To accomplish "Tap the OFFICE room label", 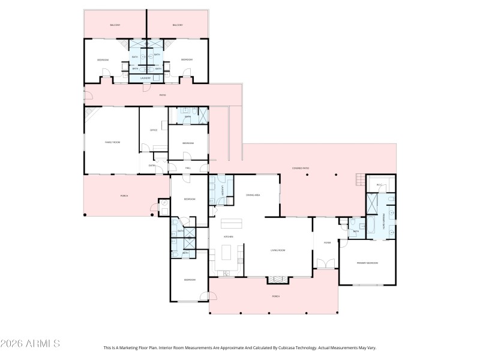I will tap(153, 130).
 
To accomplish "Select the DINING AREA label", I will tap(253, 195).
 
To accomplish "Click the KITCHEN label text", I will tap(228, 236).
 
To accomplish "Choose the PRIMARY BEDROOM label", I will tap(367, 263).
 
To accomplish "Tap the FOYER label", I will tap(328, 242).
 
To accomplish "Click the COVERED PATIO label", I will tap(301, 169).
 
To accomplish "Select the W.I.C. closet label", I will tap(380, 185).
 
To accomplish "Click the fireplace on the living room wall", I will tap(277, 279).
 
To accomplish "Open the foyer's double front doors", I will tap(325, 264).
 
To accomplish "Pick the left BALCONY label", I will tap(115, 25).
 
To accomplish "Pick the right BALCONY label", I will tap(178, 25).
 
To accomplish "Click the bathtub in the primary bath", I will tap(369, 227).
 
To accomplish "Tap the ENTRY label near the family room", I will tap(152, 165).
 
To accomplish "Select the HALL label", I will tap(188, 168).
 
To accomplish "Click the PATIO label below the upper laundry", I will tap(162, 95).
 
